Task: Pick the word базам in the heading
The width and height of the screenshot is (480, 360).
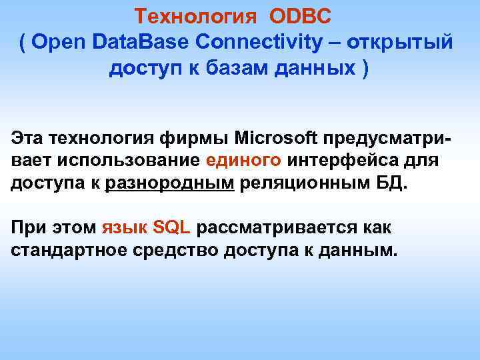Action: (x=231, y=69)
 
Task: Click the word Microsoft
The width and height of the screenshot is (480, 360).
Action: (x=277, y=138)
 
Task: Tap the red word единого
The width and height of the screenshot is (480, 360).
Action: (x=245, y=161)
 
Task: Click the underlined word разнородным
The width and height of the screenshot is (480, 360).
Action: (x=170, y=183)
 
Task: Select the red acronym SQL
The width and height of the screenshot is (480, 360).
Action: (x=171, y=227)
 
